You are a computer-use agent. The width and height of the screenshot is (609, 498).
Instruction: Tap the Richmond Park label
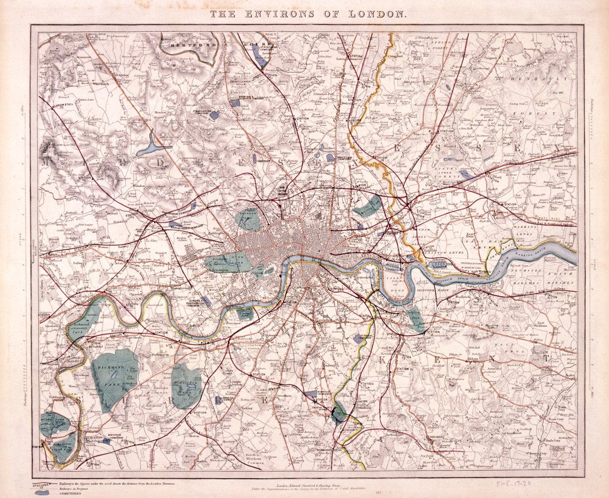point(112,368)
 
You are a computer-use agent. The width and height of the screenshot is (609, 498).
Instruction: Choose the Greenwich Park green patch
point(415,318)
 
